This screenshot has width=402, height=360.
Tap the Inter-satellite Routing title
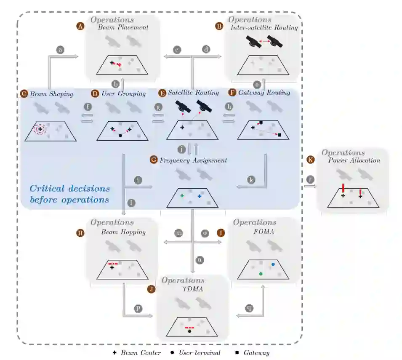pos(264,28)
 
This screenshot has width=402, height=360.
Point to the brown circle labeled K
pos(311,160)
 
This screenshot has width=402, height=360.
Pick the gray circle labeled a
pos(60,50)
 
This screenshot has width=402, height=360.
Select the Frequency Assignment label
pos(193,160)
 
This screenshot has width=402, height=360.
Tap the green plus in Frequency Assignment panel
pos(182,196)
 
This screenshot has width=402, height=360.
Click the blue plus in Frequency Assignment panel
pos(200,196)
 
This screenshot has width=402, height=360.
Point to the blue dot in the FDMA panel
pos(273,264)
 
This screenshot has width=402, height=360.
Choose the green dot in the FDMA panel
pos(261,274)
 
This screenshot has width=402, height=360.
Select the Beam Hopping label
pos(123,232)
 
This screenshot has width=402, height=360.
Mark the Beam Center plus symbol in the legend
pos(114,353)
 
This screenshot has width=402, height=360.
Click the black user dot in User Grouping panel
pos(121,136)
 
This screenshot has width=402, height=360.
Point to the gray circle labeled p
pos(137,309)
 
